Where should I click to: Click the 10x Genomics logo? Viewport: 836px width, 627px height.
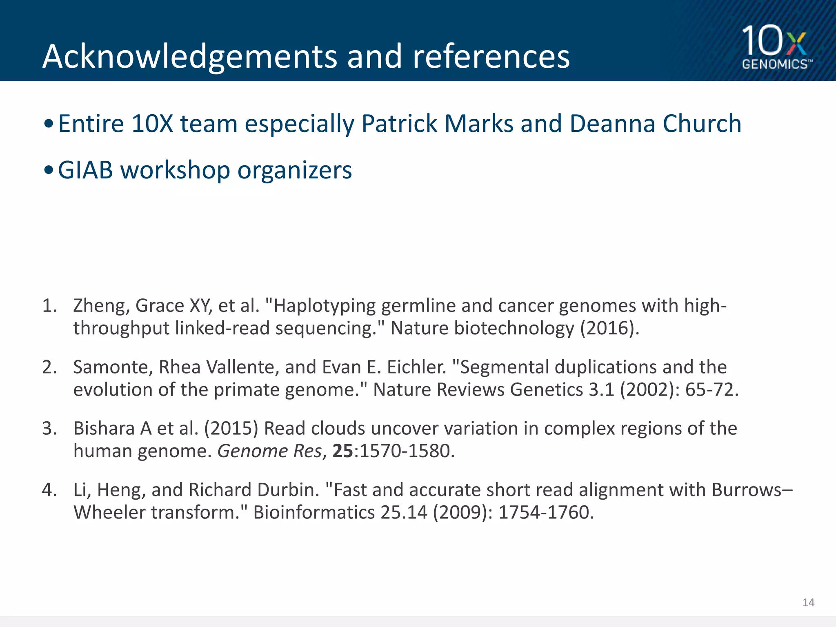pyautogui.click(x=776, y=47)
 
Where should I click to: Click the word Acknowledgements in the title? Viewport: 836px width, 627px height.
pyautogui.click(x=190, y=57)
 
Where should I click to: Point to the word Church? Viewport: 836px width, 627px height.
pyautogui.click(x=702, y=124)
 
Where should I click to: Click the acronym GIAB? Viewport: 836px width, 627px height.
pyautogui.click(x=85, y=170)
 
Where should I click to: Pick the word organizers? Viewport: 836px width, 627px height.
pyautogui.click(x=294, y=171)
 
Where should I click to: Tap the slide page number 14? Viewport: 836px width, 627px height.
pyautogui.click(x=808, y=603)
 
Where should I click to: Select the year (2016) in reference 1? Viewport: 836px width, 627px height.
pyautogui.click(x=609, y=328)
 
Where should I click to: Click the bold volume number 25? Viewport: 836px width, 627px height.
pyautogui.click(x=342, y=451)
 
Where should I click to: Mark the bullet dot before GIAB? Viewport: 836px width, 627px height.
pyautogui.click(x=49, y=171)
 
